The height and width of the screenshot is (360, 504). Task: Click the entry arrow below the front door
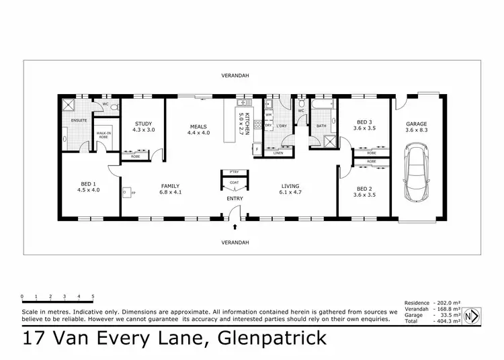click(235, 229)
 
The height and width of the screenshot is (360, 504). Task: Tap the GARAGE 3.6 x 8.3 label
click(417, 127)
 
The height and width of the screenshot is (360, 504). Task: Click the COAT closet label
click(235, 182)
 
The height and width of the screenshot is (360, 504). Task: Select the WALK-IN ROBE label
click(103, 135)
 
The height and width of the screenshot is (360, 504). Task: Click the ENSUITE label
click(71, 121)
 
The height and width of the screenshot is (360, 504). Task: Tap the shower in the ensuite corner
click(69, 104)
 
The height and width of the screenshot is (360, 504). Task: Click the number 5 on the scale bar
click(93, 296)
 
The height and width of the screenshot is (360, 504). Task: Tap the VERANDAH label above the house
click(235, 76)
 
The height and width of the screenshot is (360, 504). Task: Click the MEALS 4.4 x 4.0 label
click(198, 130)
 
